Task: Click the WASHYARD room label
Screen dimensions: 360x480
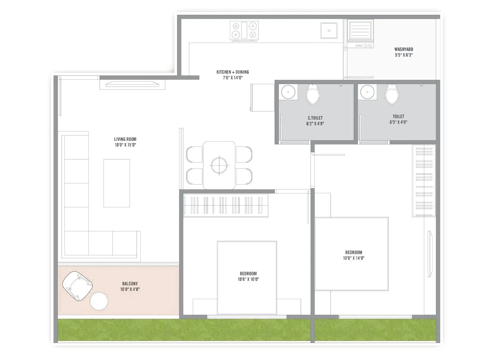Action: pyautogui.click(x=403, y=49)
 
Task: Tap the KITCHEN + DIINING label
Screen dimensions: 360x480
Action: pyautogui.click(x=232, y=72)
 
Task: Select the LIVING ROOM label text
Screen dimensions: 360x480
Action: pyautogui.click(x=125, y=139)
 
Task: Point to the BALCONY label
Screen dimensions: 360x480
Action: pyautogui.click(x=130, y=283)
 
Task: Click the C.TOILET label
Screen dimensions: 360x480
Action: pyautogui.click(x=315, y=118)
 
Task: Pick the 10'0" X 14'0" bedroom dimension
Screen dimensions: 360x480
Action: pyautogui.click(x=353, y=258)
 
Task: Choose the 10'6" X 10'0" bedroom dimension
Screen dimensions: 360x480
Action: pyautogui.click(x=248, y=279)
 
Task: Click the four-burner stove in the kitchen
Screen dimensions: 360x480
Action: pyautogui.click(x=244, y=30)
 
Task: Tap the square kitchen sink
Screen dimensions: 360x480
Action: pyautogui.click(x=329, y=31)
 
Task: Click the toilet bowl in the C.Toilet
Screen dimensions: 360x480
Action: pyautogui.click(x=313, y=94)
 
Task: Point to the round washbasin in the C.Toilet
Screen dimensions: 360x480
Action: pyautogui.click(x=288, y=92)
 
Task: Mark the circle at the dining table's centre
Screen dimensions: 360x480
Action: pyautogui.click(x=219, y=165)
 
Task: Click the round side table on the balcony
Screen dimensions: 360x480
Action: pyautogui.click(x=99, y=301)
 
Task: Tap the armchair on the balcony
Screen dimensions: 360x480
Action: pyautogui.click(x=77, y=286)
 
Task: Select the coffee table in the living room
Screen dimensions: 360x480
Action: pyautogui.click(x=117, y=183)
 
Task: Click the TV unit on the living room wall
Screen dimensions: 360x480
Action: pyautogui.click(x=132, y=84)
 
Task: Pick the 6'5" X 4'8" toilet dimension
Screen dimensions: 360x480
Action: pyautogui.click(x=398, y=122)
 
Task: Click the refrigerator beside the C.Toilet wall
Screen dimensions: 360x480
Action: pyautogui.click(x=262, y=97)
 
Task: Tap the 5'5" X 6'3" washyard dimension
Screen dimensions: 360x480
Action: pyautogui.click(x=403, y=55)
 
